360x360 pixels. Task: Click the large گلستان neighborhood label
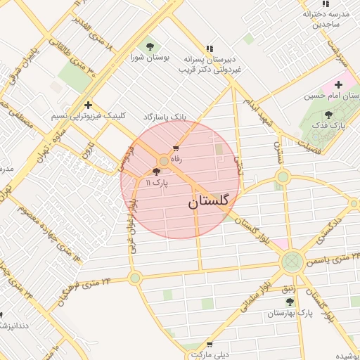click(x=209, y=202)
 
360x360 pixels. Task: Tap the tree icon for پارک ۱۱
click(x=156, y=172)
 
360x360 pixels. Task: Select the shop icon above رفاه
click(x=176, y=148)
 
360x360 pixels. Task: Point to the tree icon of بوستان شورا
click(x=150, y=46)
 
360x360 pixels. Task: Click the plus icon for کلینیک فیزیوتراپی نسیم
click(x=87, y=104)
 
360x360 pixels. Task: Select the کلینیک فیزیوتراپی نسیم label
click(x=82, y=115)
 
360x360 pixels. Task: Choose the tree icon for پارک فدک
click(x=329, y=115)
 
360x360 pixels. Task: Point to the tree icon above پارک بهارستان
click(x=290, y=301)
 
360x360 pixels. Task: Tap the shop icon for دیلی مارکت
click(x=210, y=345)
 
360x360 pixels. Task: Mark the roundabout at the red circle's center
click(x=163, y=161)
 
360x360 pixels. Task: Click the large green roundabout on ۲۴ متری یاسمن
click(x=291, y=262)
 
